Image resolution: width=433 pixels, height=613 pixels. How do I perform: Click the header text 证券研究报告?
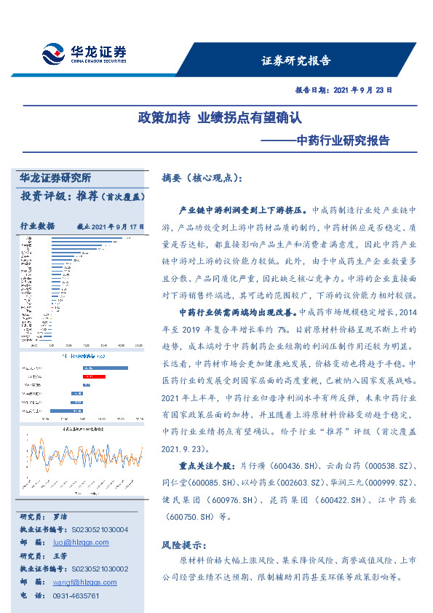[295, 60]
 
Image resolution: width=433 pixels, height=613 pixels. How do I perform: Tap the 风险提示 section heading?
[182, 545]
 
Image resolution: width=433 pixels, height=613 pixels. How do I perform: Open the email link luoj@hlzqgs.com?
[81, 542]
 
